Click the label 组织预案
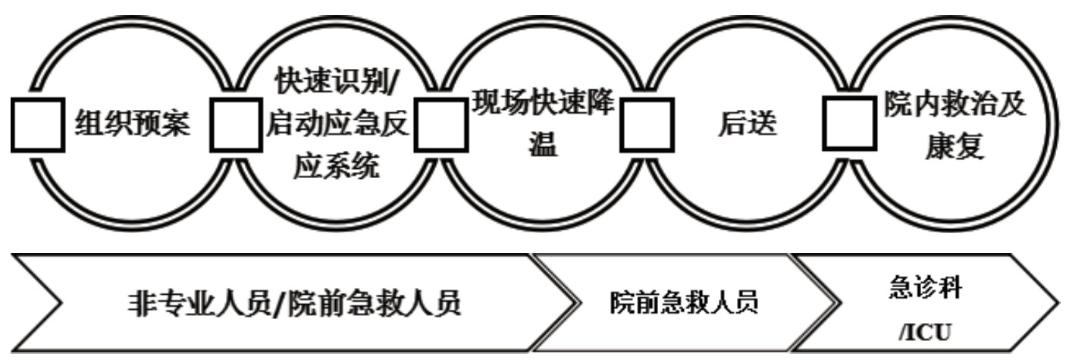[133, 124]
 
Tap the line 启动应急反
[337, 124]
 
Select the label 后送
[748, 124]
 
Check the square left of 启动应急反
[236, 124]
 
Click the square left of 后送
[647, 124]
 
